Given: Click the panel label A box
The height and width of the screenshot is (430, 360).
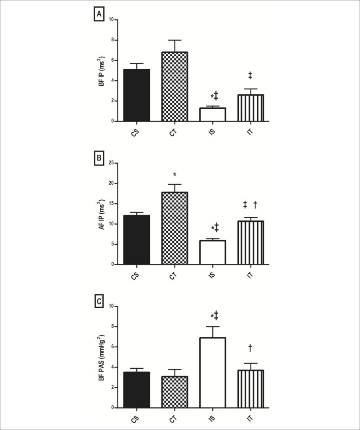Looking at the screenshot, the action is point(99,15).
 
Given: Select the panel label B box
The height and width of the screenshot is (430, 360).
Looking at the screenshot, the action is point(99,158).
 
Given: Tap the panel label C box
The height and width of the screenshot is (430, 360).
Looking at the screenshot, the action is point(99,302).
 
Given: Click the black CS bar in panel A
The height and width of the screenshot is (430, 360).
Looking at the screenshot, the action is point(137,95).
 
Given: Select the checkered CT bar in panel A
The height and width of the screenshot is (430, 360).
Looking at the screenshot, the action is point(175,87).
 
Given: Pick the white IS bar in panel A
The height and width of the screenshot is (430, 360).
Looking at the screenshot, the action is point(213,115).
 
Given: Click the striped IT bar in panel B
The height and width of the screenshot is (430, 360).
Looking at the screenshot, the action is point(250,243).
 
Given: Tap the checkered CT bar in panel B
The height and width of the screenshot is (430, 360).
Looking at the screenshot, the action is point(175,228).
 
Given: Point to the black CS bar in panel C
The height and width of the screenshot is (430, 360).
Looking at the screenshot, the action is point(137,390).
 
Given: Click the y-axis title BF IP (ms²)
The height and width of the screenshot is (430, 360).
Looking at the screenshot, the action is point(102,71).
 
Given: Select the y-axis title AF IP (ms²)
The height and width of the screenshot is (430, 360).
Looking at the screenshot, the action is point(102,215).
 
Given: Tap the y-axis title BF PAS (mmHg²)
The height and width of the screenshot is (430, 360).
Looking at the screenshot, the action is point(102,358).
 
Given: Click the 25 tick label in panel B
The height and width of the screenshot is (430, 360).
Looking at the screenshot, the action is point(112,163).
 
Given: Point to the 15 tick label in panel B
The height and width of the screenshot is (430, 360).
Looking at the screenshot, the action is point(112,204).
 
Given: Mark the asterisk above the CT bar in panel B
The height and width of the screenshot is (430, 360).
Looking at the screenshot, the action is point(175,175).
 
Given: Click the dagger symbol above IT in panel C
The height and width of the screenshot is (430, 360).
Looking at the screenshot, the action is point(250,348).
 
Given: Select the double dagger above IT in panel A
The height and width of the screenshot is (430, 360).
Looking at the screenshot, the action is point(250,76).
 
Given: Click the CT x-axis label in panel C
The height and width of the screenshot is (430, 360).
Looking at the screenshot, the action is point(173,419).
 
